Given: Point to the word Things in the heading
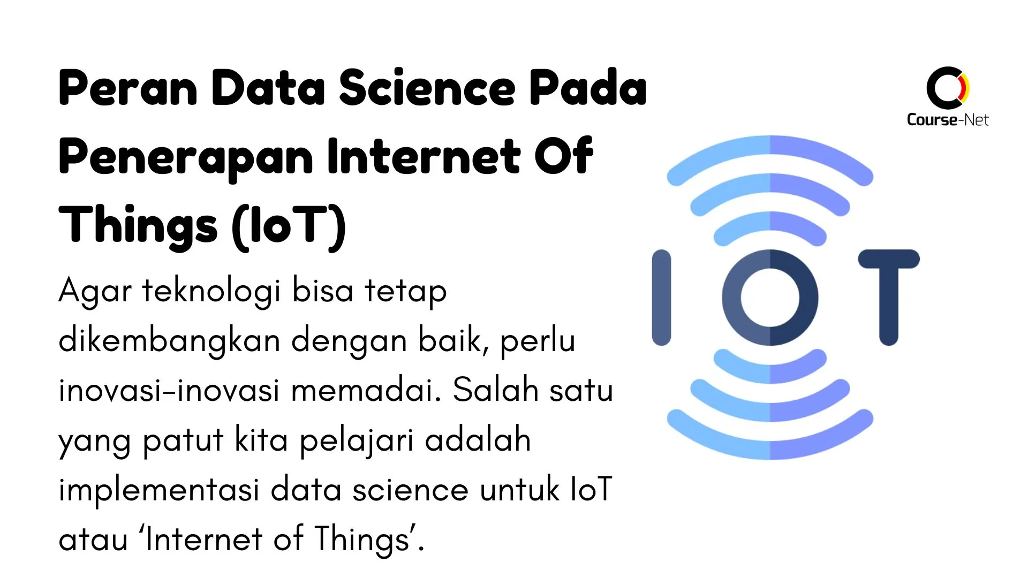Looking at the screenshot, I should (138, 226).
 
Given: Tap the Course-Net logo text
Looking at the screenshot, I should (947, 119).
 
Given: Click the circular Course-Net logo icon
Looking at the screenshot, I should (947, 87).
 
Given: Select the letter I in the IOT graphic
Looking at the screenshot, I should (661, 298).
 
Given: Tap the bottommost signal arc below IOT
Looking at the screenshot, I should (770, 449).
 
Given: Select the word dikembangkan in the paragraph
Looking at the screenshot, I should (169, 341).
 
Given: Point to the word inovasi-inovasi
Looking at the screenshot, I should (169, 390).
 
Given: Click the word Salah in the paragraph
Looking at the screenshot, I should (495, 390).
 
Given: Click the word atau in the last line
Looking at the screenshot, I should (93, 539).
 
